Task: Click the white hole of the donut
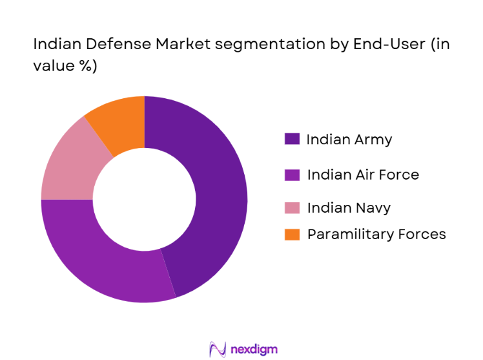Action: click(x=145, y=199)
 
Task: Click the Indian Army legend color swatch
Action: click(x=292, y=139)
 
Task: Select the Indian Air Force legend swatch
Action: click(x=292, y=175)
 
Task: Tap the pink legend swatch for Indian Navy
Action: click(x=292, y=208)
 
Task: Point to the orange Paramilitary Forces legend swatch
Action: click(x=292, y=234)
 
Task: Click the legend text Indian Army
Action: click(x=349, y=139)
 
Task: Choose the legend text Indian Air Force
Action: click(x=363, y=175)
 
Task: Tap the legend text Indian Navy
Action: click(x=349, y=208)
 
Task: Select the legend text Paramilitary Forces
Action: click(x=376, y=234)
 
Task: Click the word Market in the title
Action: click(x=166, y=45)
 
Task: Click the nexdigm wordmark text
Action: click(x=253, y=350)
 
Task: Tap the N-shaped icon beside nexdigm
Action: click(x=218, y=350)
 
